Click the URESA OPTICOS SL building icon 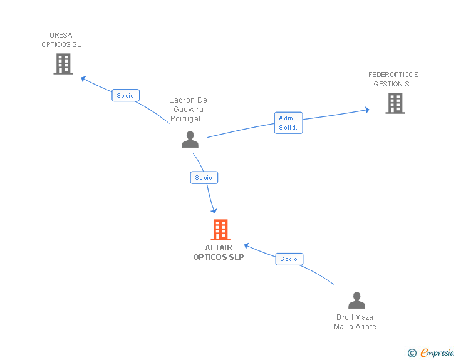click(63, 64)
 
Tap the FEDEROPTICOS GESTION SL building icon click(395, 103)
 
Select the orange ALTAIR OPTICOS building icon click(220, 230)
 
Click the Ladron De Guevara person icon click(190, 140)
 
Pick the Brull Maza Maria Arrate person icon click(356, 301)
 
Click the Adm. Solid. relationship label click(288, 123)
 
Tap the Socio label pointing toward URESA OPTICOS click(125, 96)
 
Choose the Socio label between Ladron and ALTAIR click(204, 178)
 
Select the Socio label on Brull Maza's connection click(289, 259)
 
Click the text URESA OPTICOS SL click(61, 40)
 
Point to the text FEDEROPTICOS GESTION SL click(393, 80)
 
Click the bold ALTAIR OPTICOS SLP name click(219, 252)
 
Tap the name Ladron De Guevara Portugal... click(188, 110)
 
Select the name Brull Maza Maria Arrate click(355, 322)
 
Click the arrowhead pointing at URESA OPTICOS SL click(83, 78)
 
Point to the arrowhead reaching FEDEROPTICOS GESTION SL click(366, 110)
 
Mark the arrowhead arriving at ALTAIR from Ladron click(214, 210)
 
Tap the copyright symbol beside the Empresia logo click(412, 354)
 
